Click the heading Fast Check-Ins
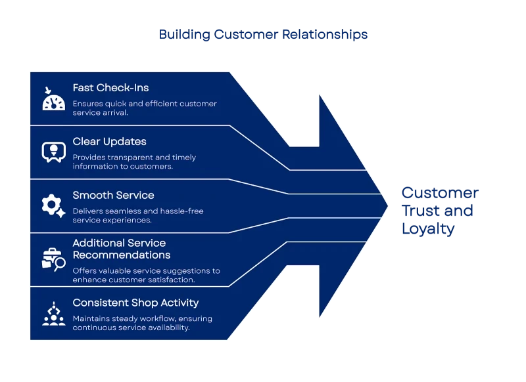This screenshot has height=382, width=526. click(111, 88)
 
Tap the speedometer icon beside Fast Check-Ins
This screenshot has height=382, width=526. click(53, 99)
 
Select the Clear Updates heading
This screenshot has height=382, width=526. click(109, 142)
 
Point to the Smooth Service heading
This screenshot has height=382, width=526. click(113, 196)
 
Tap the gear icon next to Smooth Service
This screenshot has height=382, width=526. click(53, 206)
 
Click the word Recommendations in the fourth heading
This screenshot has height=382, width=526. click(121, 255)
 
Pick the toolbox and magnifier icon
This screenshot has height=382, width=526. click(53, 259)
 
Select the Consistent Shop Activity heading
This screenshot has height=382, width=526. click(135, 303)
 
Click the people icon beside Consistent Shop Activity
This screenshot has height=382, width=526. click(53, 313)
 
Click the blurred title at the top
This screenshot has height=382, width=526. click(263, 35)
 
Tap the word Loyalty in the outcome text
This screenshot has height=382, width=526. click(427, 229)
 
